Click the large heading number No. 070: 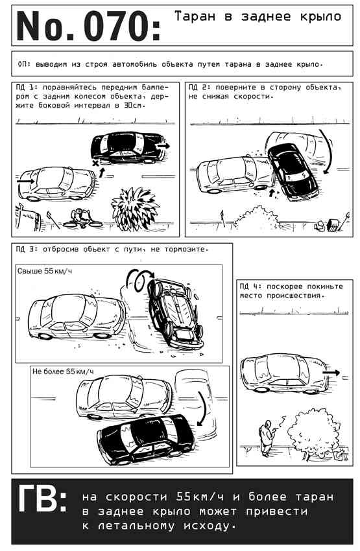pos(88,27)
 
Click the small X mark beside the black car pos(95,163)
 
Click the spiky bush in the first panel pos(135,209)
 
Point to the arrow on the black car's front pos(163,145)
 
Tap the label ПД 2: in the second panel pos(199,88)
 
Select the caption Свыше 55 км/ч pos(45,271)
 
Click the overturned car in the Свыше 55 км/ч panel pos(175,312)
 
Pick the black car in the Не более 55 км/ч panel pos(146,439)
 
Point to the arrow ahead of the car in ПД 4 pos(331,373)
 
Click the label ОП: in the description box pos(25,64)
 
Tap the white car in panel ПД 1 pos(57,183)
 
